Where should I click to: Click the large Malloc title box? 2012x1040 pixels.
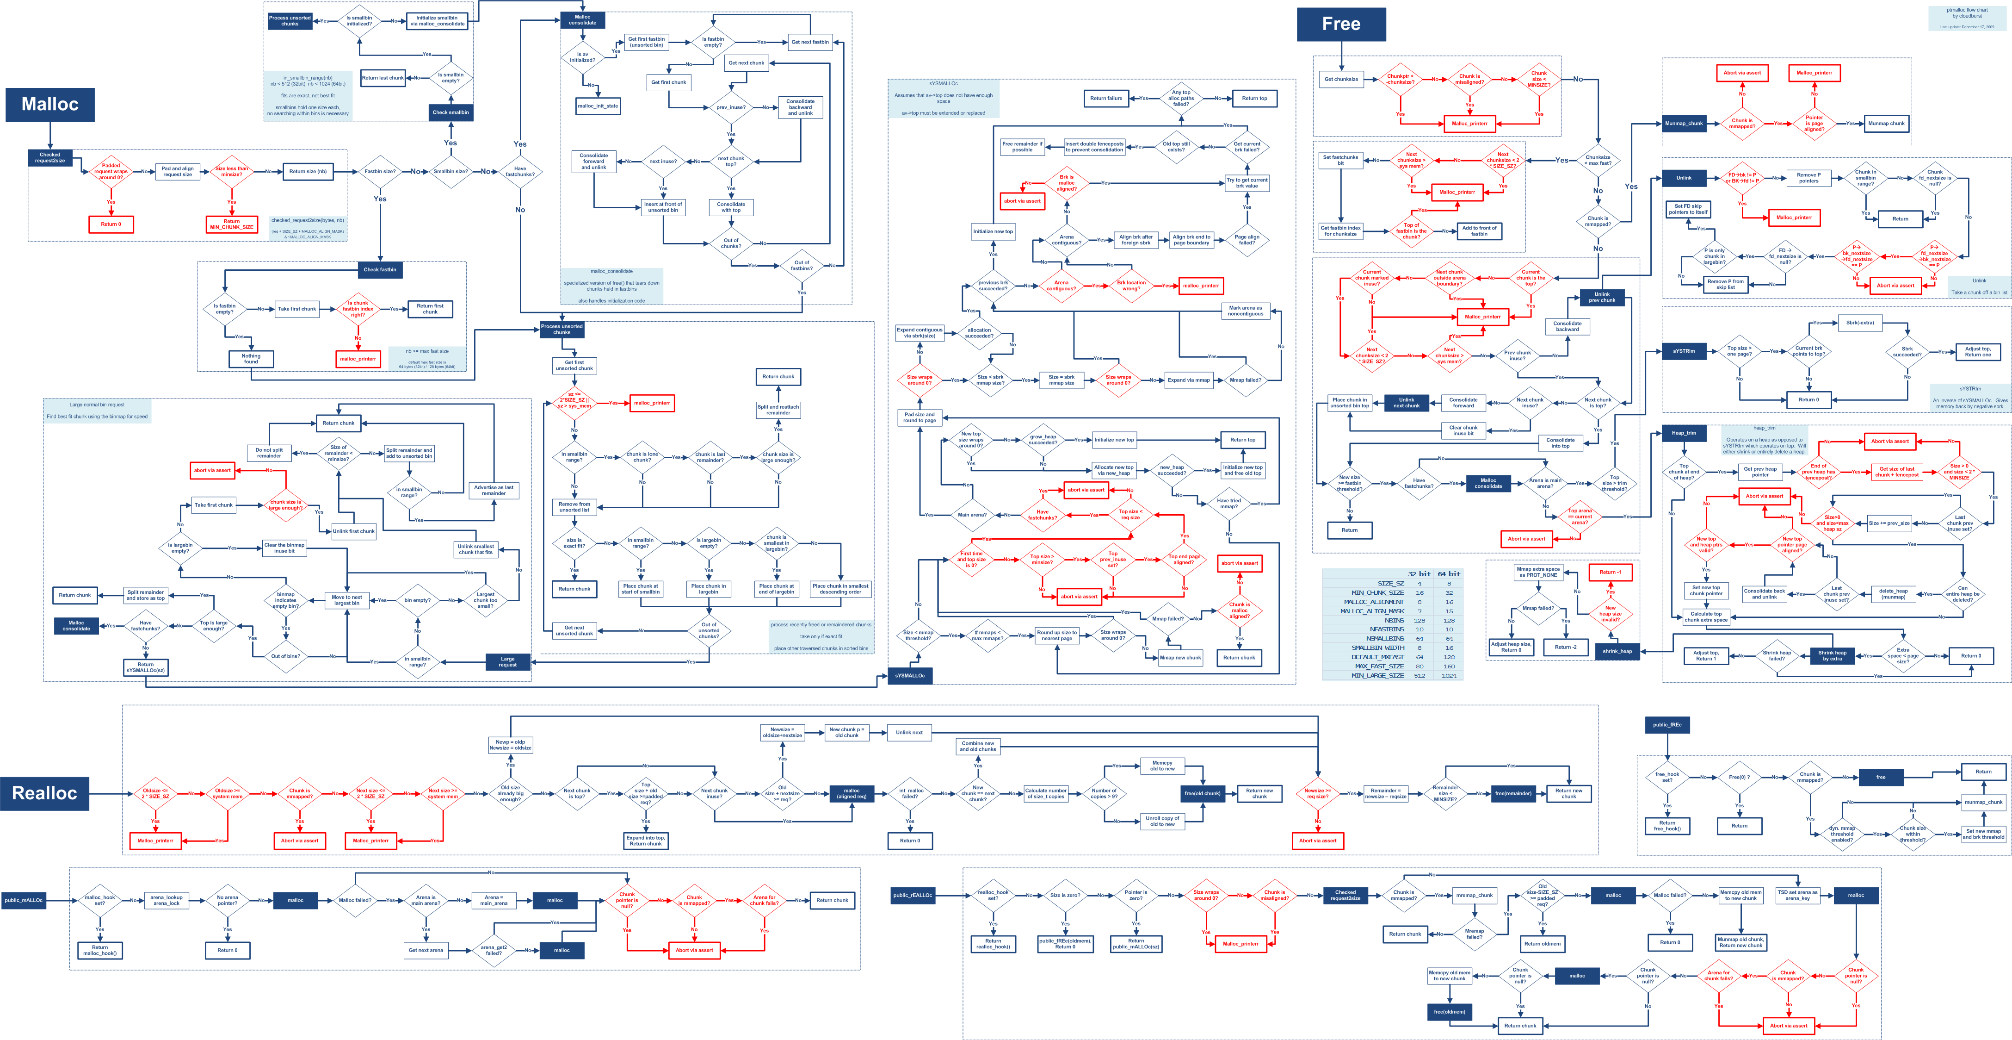[50, 104]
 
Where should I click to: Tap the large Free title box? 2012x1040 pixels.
[1341, 24]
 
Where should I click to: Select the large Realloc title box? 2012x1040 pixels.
[44, 793]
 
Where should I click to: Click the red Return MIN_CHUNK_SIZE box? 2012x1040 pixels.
[231, 224]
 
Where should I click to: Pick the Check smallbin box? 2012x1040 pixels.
[451, 112]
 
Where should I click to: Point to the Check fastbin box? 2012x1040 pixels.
[380, 269]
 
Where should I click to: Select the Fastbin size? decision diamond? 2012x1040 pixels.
[380, 172]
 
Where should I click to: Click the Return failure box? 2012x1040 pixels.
[1106, 99]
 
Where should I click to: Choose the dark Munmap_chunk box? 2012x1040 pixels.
[1683, 124]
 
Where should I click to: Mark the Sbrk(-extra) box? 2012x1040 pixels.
[1860, 323]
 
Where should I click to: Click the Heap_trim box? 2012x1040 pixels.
[1683, 433]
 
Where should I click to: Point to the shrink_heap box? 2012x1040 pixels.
[1617, 651]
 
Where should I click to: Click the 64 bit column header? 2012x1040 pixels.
[1448, 573]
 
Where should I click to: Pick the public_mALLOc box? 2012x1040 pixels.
[24, 900]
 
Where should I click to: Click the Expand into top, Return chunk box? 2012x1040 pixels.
[645, 841]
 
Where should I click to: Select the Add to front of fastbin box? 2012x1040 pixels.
[1479, 231]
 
